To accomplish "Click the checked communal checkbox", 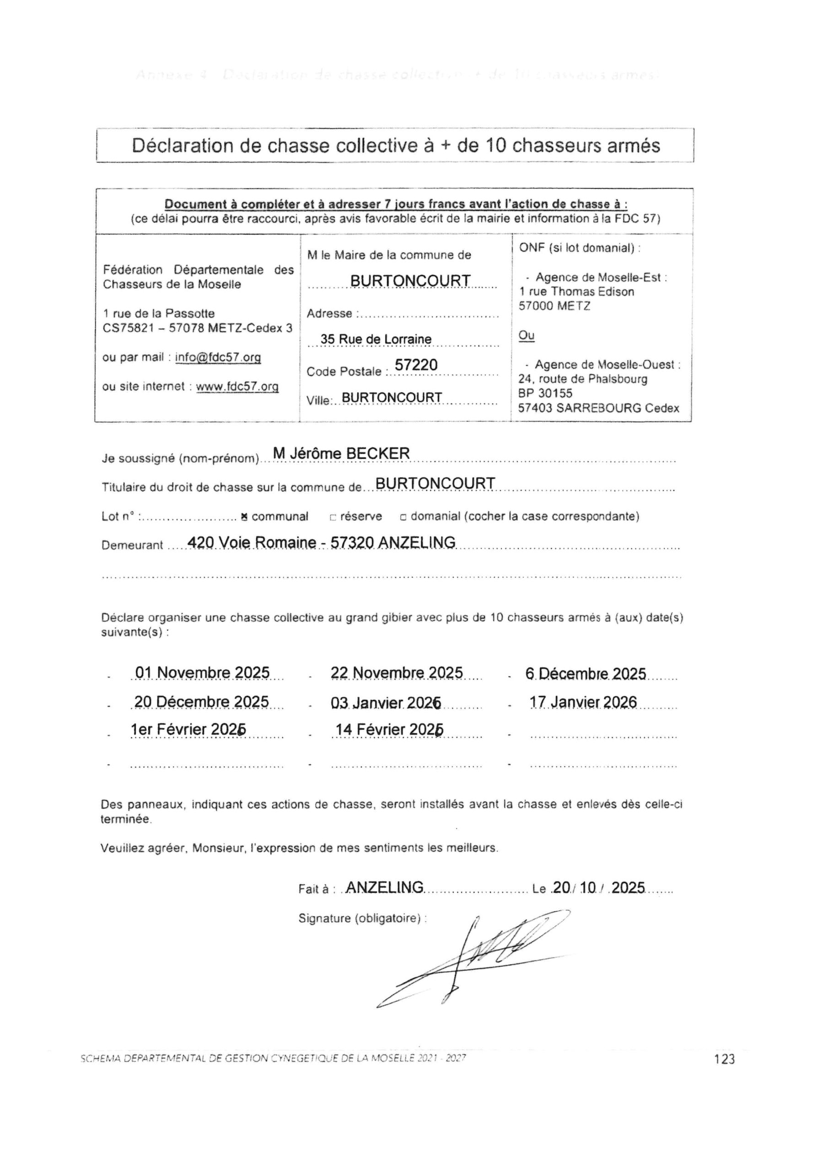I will tap(244, 516).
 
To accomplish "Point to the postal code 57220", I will tap(416, 365).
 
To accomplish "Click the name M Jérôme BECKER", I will tap(341, 453).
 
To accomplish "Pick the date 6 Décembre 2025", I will tap(586, 674).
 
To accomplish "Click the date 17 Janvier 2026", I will tap(583, 702).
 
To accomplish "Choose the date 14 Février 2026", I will tap(389, 730).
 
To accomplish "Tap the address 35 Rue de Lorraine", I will tap(376, 339).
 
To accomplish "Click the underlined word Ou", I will tap(527, 336).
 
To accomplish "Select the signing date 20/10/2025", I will tap(598, 888).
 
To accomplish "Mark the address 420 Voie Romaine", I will tap(252, 543).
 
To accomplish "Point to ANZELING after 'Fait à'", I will tap(384, 887).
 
